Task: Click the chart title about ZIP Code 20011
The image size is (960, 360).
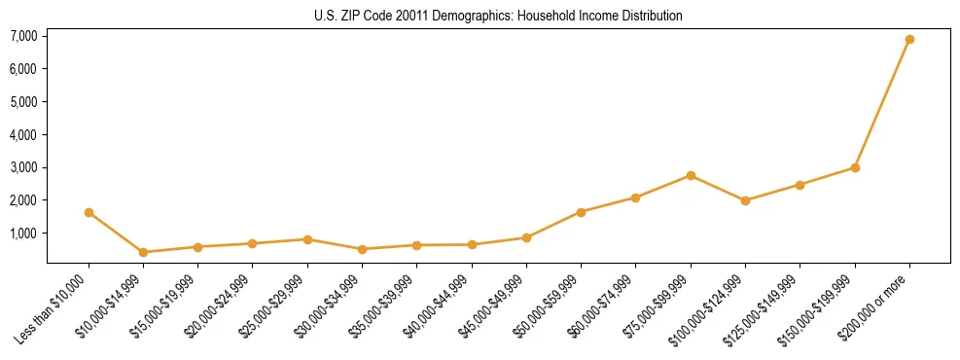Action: [499, 17]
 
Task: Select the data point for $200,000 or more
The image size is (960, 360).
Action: [909, 40]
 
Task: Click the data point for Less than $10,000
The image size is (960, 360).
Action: [89, 212]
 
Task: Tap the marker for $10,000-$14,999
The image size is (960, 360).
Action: [144, 252]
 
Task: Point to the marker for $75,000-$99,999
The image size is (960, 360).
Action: [691, 175]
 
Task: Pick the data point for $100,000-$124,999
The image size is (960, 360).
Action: [745, 200]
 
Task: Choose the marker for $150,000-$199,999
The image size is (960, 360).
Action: [855, 167]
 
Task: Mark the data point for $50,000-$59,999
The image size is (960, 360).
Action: [581, 212]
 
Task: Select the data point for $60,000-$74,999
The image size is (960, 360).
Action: [635, 198]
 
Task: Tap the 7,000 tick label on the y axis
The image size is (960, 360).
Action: [23, 36]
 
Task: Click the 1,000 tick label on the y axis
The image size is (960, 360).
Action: [23, 234]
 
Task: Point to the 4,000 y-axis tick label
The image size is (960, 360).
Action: [23, 134]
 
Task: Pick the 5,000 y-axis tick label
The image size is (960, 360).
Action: [23, 101]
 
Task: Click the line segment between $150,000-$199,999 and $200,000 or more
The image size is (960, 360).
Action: [882, 103]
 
